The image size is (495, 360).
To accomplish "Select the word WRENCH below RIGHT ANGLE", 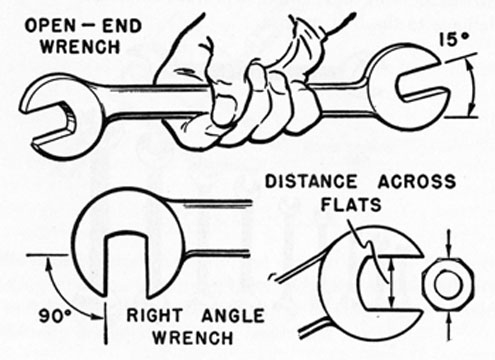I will [x=182, y=340].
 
